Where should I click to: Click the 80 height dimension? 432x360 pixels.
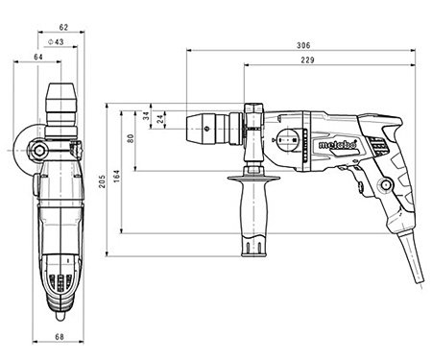pos(131,138)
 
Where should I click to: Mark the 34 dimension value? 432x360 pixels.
pos(146,116)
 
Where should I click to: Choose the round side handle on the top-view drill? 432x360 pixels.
pos(24,150)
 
